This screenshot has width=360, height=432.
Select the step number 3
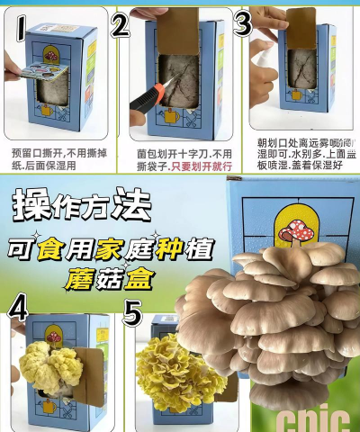(242, 23)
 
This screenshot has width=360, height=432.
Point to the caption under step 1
(54, 159)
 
